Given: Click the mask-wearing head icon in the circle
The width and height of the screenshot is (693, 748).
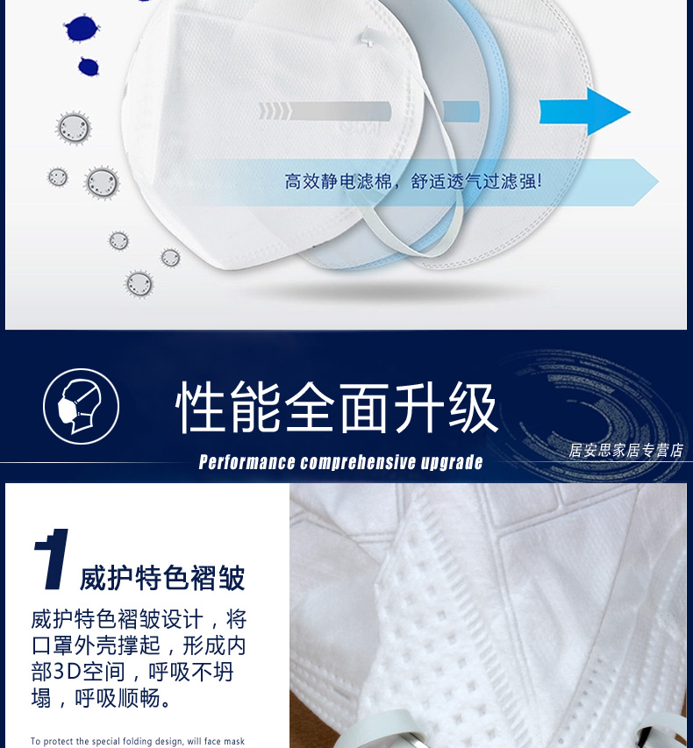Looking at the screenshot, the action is (x=80, y=406).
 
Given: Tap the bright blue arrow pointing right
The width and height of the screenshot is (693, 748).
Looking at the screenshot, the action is (x=584, y=112).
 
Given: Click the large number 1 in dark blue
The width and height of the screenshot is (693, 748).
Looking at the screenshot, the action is (x=52, y=559).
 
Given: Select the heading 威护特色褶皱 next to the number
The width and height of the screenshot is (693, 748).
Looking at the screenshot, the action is (x=162, y=578).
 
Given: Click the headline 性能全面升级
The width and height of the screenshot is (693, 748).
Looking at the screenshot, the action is (x=337, y=408).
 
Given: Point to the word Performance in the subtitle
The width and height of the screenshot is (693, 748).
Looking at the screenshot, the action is (x=246, y=462).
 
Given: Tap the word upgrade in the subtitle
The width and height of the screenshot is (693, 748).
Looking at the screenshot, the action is (x=452, y=462).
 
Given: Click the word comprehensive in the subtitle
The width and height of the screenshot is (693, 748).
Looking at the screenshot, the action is (x=359, y=462).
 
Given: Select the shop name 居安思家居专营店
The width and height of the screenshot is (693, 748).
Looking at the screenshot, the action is (x=625, y=451).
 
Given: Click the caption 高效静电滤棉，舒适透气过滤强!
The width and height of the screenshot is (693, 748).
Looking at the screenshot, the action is (x=413, y=182).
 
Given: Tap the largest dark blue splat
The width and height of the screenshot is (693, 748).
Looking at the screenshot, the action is (x=82, y=29).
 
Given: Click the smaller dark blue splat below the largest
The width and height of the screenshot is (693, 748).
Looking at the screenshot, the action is (x=89, y=67).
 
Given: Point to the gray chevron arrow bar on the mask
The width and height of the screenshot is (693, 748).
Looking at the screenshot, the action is (x=325, y=111).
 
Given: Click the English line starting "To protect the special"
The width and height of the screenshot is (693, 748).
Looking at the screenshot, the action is (x=138, y=741).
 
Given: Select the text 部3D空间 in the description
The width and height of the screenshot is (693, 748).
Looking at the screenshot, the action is (x=78, y=672).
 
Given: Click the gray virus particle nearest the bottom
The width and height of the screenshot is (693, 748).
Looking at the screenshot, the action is (x=139, y=284).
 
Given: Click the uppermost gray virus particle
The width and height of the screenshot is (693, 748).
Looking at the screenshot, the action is (x=74, y=128).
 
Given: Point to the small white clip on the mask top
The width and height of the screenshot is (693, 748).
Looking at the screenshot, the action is (x=367, y=38).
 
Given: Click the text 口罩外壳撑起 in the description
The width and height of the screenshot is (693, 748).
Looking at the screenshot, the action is (x=95, y=645).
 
